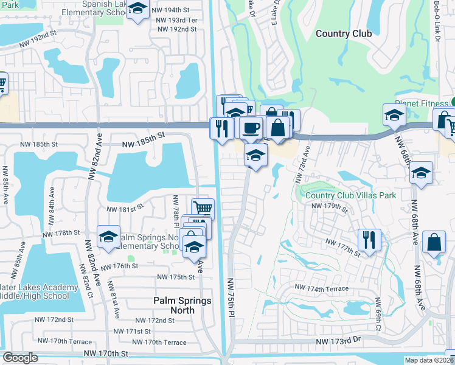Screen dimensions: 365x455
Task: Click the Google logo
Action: (x=20, y=358)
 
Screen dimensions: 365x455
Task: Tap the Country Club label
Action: (x=344, y=34)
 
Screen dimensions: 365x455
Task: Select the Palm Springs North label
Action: (x=182, y=305)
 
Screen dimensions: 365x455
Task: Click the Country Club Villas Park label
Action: (x=350, y=195)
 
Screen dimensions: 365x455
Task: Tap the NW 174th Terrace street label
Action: (x=322, y=288)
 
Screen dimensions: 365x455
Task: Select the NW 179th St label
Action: (x=329, y=208)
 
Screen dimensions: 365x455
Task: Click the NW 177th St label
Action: (x=344, y=245)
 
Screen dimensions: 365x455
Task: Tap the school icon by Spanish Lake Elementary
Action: (x=139, y=10)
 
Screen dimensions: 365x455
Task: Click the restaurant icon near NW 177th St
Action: (x=369, y=238)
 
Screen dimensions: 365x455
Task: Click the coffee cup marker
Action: (x=250, y=128)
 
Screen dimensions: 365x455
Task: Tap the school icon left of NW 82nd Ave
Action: (x=108, y=236)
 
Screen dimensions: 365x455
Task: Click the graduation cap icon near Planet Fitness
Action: (x=394, y=114)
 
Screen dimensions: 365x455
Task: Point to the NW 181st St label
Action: (x=125, y=209)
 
